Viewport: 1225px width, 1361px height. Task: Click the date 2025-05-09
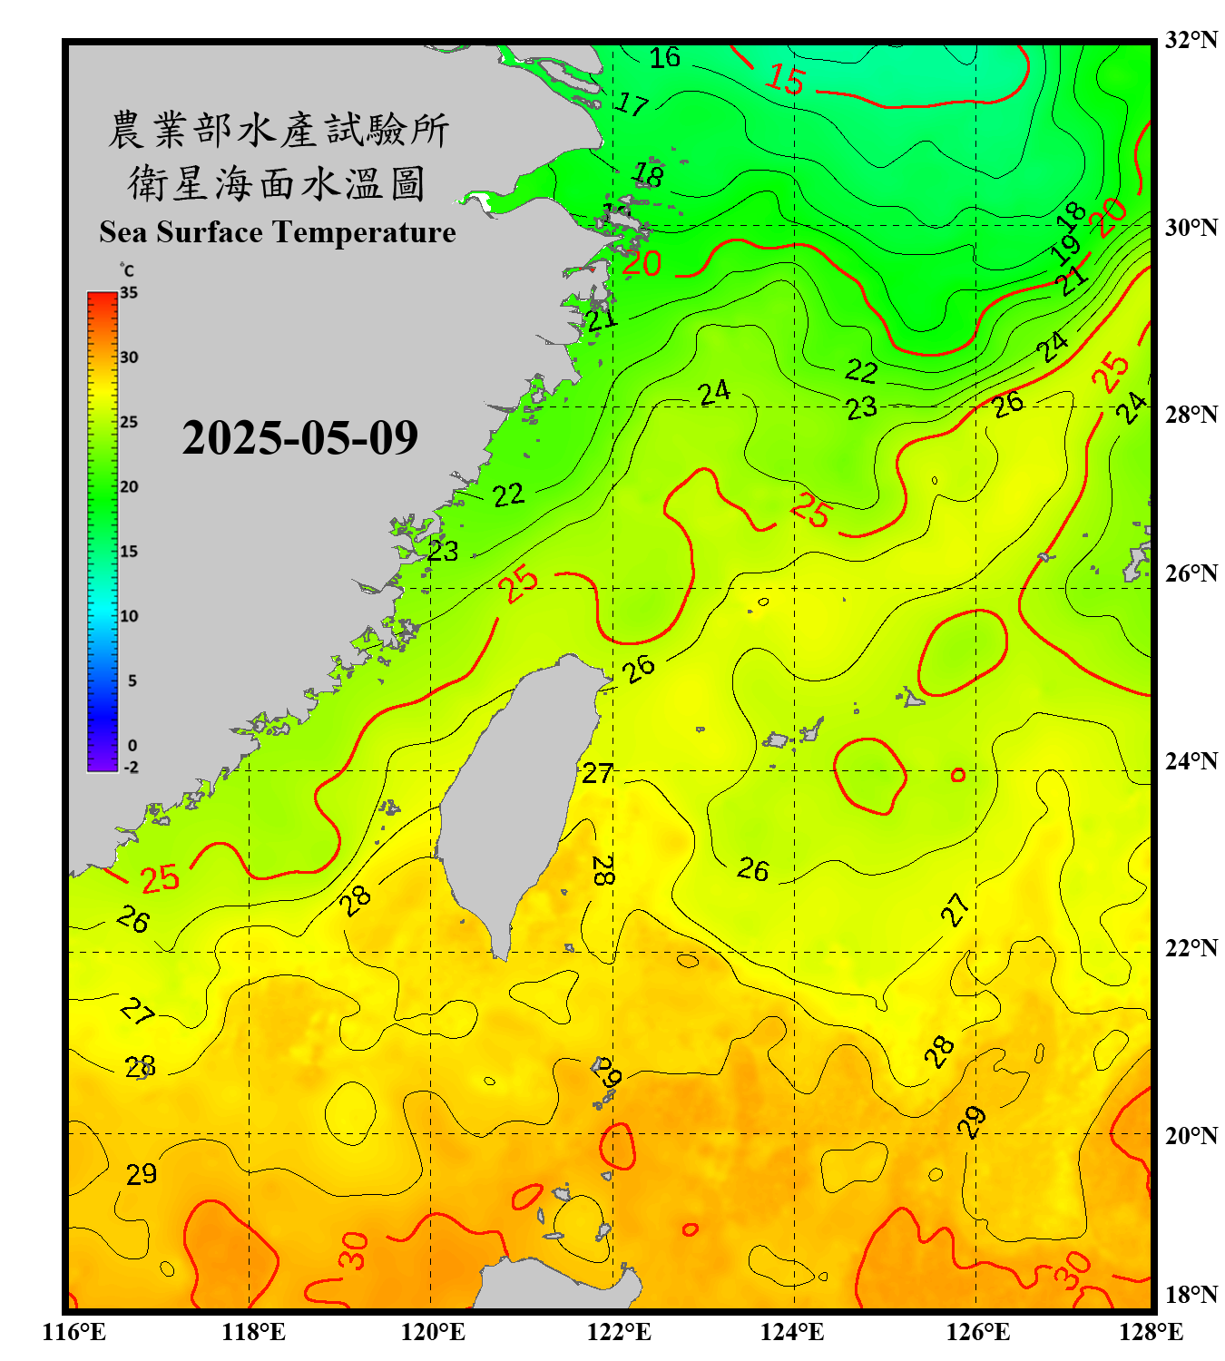pyautogui.click(x=299, y=438)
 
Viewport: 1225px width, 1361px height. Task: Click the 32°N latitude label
pyautogui.click(x=1191, y=40)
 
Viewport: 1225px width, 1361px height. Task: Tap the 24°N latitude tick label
pyautogui.click(x=1191, y=760)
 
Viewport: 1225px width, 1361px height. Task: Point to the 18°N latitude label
pyautogui.click(x=1191, y=1295)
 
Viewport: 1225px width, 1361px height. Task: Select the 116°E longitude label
pyautogui.click(x=73, y=1332)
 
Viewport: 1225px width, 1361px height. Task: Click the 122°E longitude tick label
pyautogui.click(x=619, y=1332)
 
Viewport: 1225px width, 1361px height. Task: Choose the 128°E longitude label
pyautogui.click(x=1151, y=1332)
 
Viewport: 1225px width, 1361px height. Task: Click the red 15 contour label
pyautogui.click(x=785, y=80)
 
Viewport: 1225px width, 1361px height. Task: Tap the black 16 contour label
pyautogui.click(x=664, y=57)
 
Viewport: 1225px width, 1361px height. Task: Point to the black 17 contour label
pyautogui.click(x=632, y=104)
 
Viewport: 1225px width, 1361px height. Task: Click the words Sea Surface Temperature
pyautogui.click(x=278, y=232)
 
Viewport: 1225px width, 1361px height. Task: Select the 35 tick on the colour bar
pyautogui.click(x=129, y=293)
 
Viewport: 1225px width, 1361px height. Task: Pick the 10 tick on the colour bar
pyautogui.click(x=129, y=616)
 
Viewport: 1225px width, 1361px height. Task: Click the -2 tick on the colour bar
pyautogui.click(x=131, y=768)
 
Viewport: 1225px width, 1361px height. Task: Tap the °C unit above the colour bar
pyautogui.click(x=127, y=270)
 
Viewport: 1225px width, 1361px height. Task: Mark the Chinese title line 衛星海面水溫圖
pyautogui.click(x=277, y=183)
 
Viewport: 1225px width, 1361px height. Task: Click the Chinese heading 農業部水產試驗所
pyautogui.click(x=279, y=130)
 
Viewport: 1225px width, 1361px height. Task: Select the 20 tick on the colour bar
pyautogui.click(x=129, y=487)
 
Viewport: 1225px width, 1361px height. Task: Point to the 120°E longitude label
pyautogui.click(x=433, y=1332)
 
